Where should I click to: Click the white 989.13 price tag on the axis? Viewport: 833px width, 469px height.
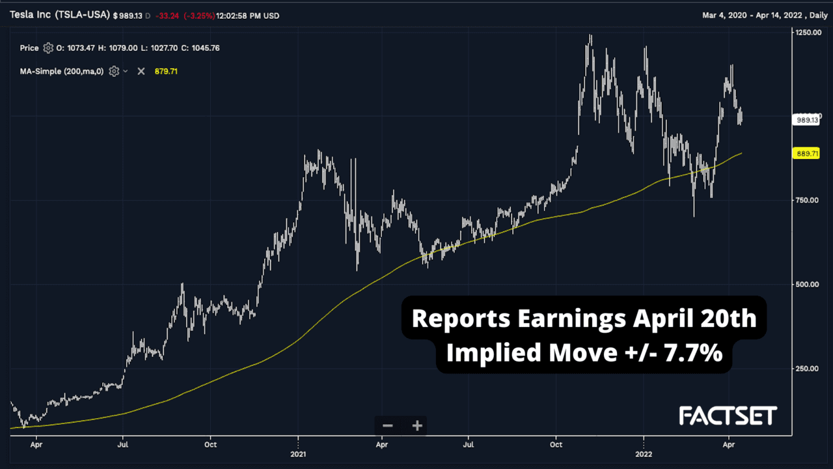pyautogui.click(x=807, y=120)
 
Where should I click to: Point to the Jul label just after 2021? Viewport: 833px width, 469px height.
pyautogui.click(x=468, y=446)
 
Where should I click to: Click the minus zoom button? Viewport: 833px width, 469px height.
pyautogui.click(x=388, y=426)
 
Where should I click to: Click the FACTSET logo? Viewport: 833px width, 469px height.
pyautogui.click(x=728, y=416)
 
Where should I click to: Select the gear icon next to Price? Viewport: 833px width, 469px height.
pyautogui.click(x=48, y=48)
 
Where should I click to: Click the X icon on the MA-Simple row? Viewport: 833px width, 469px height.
pyautogui.click(x=141, y=71)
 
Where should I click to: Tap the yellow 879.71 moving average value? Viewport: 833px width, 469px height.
pyautogui.click(x=166, y=71)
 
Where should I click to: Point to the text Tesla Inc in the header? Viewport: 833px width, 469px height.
pyautogui.click(x=31, y=15)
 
